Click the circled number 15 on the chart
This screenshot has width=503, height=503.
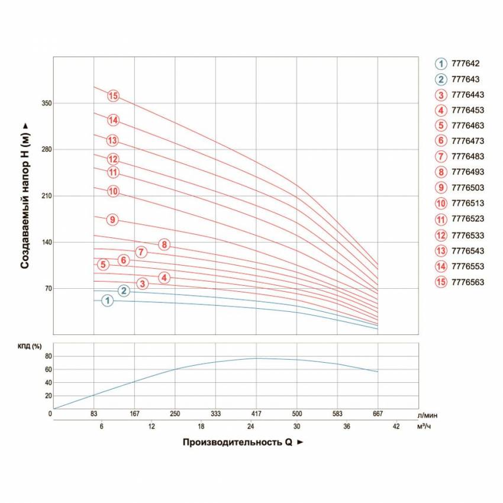point(114,96)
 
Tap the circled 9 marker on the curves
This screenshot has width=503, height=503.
point(112,220)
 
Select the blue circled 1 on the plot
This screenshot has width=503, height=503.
point(107,301)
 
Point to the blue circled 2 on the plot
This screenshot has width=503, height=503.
point(124,290)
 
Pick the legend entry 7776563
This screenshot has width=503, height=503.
point(467,282)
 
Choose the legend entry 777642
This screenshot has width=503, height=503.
point(465,64)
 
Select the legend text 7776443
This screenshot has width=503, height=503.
point(467,95)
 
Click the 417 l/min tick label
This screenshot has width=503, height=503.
point(256,414)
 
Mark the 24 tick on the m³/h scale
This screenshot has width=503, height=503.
point(251,426)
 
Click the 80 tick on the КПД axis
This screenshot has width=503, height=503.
point(49,356)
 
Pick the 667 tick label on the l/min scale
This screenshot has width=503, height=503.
point(378,414)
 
